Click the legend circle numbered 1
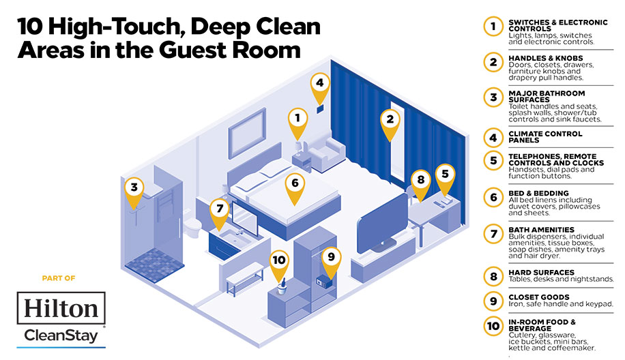493,27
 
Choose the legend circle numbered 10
493,326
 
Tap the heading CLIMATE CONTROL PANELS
545,137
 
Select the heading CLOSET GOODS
539,297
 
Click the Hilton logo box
61,307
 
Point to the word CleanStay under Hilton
61,335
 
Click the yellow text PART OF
59,278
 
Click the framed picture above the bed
247,132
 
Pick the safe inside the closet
325,282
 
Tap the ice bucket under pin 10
282,287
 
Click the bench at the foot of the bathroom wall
245,279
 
